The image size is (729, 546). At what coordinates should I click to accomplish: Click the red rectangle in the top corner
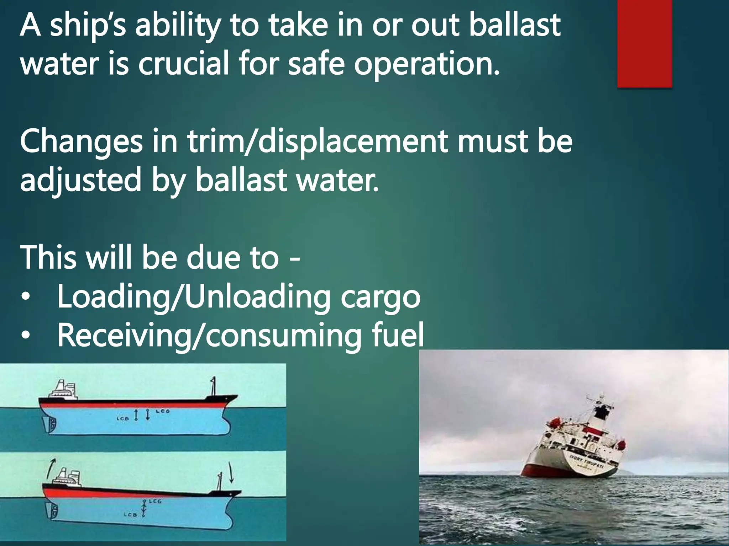tap(644, 43)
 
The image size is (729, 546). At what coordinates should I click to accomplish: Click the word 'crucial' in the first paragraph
tap(183, 64)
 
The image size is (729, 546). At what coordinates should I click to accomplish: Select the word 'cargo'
tap(381, 298)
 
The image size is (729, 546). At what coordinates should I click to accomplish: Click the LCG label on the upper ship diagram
tap(163, 411)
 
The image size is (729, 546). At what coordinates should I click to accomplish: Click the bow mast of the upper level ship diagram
tap(214, 385)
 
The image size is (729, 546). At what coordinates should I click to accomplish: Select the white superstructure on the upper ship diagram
tap(64, 390)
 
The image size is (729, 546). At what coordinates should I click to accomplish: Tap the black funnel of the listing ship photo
tap(602, 412)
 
